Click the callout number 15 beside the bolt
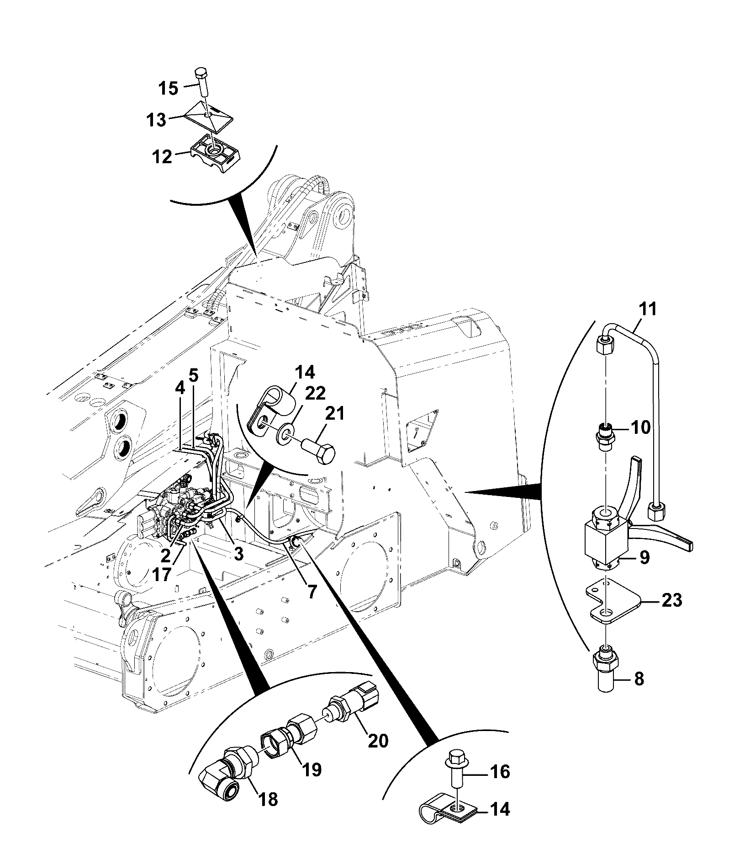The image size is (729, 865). point(169,88)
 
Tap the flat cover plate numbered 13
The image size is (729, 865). point(208,117)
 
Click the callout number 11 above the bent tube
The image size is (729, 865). point(648,309)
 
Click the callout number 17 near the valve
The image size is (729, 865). point(163,574)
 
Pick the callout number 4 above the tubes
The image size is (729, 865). point(180,389)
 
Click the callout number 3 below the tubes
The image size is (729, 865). point(239,554)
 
